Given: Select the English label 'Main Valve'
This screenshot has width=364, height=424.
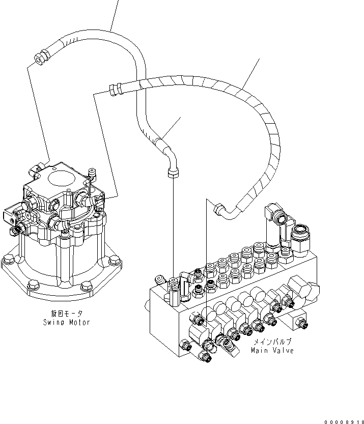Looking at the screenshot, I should click(272, 351).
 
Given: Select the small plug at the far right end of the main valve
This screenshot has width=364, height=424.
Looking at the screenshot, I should click(303, 322).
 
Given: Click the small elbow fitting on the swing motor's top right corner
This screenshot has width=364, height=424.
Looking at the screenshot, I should click(92, 175).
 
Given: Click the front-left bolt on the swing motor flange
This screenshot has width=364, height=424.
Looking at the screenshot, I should click(32, 288).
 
